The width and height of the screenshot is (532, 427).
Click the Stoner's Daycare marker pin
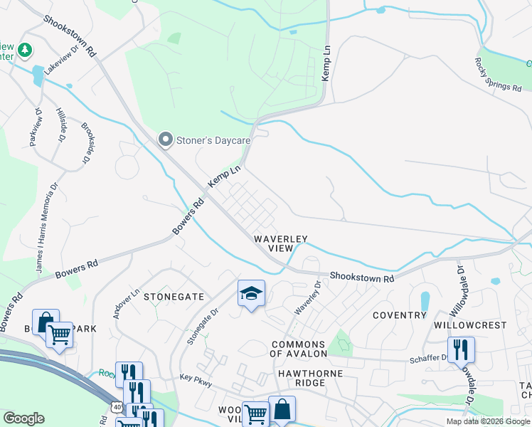pos(166,139)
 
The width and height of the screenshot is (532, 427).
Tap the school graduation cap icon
pos(250,294)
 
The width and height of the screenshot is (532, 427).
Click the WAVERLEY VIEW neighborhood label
pos(281,243)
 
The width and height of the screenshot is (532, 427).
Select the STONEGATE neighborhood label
pos(174,296)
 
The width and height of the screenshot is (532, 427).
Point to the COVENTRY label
pos(399,315)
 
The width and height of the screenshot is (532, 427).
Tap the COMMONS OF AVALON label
pos(299,349)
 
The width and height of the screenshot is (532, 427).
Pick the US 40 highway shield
pos(115,406)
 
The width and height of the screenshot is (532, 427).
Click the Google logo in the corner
pos(23,418)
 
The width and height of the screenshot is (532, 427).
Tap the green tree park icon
pos(25,50)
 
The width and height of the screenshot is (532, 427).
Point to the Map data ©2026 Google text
pos(488,421)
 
